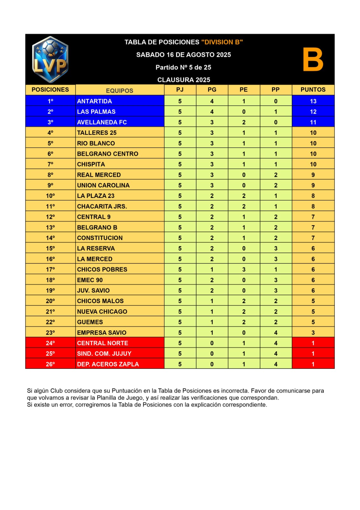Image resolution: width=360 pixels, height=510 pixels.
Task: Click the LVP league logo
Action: (50, 60)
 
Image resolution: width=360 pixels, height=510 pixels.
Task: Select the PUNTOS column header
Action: (313, 90)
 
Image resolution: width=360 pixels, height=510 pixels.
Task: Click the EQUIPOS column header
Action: (119, 91)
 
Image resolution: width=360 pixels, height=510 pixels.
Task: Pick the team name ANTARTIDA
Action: (94, 101)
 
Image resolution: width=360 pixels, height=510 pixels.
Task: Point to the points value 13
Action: (313, 101)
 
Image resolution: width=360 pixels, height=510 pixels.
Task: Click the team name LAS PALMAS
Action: (96, 112)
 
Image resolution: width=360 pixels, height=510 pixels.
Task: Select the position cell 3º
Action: (50, 122)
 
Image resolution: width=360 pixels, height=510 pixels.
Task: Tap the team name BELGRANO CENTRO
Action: (108, 154)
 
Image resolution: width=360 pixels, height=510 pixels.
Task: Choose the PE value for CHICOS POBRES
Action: (244, 269)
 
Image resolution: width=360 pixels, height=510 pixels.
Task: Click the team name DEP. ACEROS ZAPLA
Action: (108, 364)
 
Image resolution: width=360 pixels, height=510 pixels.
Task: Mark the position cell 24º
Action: (50, 343)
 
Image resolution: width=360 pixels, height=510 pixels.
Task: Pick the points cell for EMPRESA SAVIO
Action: (313, 332)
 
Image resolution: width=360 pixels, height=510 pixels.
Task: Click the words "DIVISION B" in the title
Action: (222, 42)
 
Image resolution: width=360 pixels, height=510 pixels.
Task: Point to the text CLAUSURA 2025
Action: (184, 80)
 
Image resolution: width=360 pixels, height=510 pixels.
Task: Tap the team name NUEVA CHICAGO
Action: (102, 311)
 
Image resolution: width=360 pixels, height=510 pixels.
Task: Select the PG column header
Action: (212, 90)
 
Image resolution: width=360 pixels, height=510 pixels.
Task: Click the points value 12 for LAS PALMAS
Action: (313, 112)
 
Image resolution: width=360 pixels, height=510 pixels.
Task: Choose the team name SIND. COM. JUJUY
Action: (104, 353)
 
